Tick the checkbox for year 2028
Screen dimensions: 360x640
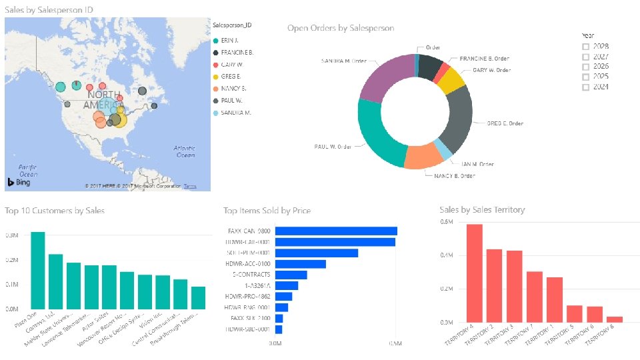coord(585,47)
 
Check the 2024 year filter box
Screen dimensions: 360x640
coord(585,87)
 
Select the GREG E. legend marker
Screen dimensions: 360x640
coord(215,77)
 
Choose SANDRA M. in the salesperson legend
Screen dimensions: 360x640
coord(235,113)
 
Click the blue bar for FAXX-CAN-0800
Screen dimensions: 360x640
coord(336,231)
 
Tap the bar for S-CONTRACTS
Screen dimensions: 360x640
coord(291,275)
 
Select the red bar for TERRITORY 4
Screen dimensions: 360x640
coord(475,273)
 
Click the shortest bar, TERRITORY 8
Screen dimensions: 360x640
coord(615,319)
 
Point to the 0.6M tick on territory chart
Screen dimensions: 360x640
coord(446,223)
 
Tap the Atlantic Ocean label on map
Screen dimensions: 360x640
coord(184,151)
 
